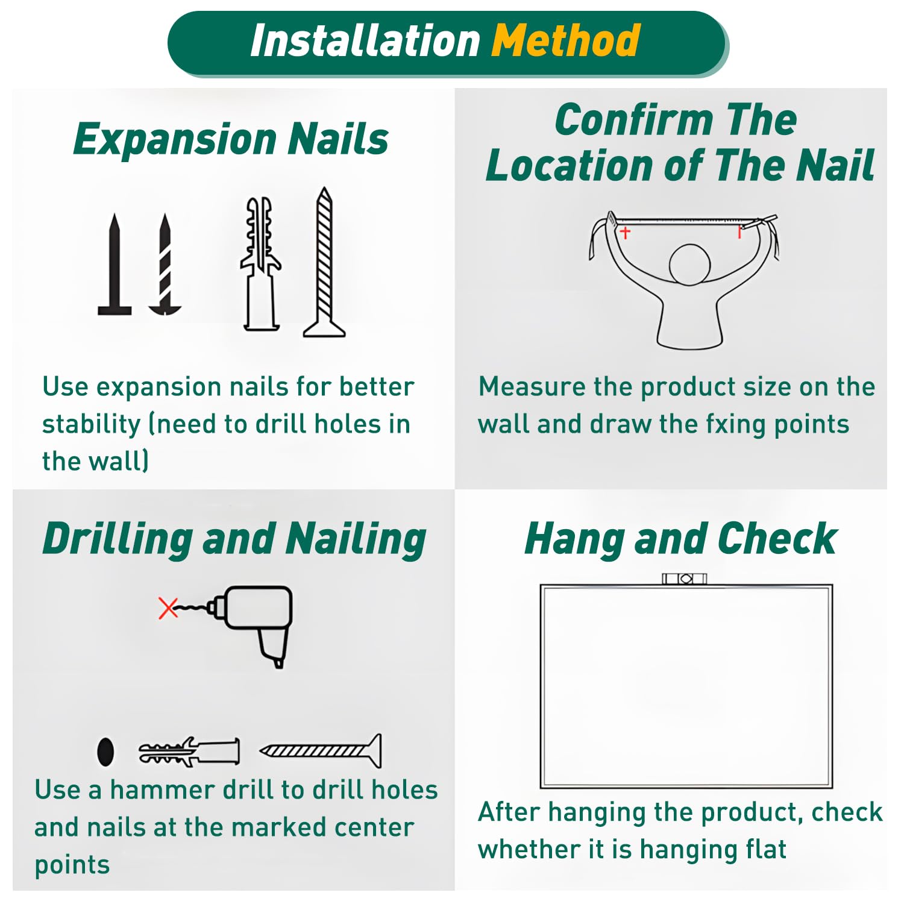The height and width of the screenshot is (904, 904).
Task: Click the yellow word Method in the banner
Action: [565, 41]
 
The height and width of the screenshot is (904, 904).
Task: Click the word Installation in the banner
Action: [365, 41]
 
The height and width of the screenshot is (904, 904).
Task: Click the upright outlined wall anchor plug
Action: [261, 264]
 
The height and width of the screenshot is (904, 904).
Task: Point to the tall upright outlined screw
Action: [324, 262]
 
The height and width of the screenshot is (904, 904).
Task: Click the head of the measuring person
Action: [690, 264]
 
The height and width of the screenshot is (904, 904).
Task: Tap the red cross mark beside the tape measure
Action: [626, 232]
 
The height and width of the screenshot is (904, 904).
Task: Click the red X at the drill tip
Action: [168, 608]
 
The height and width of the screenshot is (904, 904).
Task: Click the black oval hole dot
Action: [105, 752]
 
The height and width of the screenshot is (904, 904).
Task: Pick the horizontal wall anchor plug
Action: [189, 752]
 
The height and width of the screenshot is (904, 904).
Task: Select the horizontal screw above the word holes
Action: [321, 751]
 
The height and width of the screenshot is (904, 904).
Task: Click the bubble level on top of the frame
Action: [685, 579]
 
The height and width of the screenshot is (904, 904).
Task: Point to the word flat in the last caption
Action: [766, 850]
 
